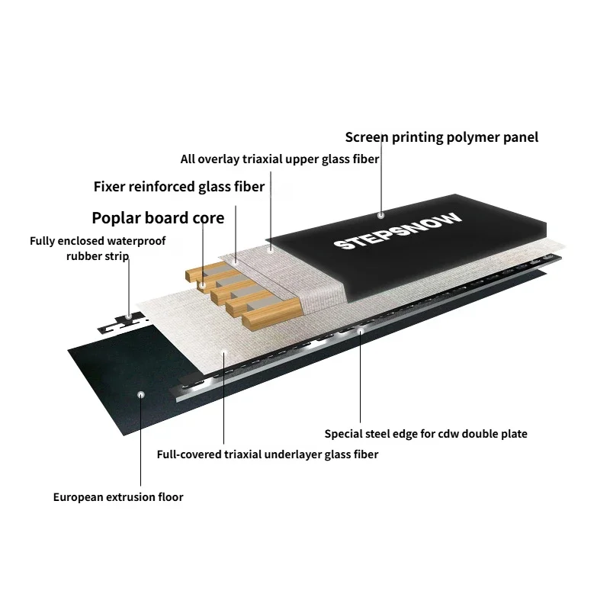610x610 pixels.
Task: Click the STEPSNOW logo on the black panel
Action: [397, 231]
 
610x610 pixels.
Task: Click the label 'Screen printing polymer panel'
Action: [441, 137]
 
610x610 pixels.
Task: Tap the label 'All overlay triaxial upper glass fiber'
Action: [280, 159]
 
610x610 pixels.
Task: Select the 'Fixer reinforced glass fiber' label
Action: [179, 187]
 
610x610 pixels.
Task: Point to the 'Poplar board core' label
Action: [158, 218]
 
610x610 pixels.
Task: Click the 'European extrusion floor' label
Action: [118, 497]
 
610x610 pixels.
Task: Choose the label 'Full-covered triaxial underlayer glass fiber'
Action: [268, 454]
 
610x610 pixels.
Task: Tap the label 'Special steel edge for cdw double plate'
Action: [426, 434]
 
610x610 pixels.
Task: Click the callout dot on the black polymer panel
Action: [380, 215]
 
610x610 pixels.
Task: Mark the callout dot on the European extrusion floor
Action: [141, 395]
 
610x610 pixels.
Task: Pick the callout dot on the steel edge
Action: [361, 331]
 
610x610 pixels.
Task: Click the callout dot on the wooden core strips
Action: [202, 285]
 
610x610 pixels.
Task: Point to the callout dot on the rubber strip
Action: [129, 316]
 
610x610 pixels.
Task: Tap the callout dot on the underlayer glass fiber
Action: [223, 352]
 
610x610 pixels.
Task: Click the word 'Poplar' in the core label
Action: [116, 218]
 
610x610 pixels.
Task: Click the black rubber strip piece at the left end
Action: [123, 323]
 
